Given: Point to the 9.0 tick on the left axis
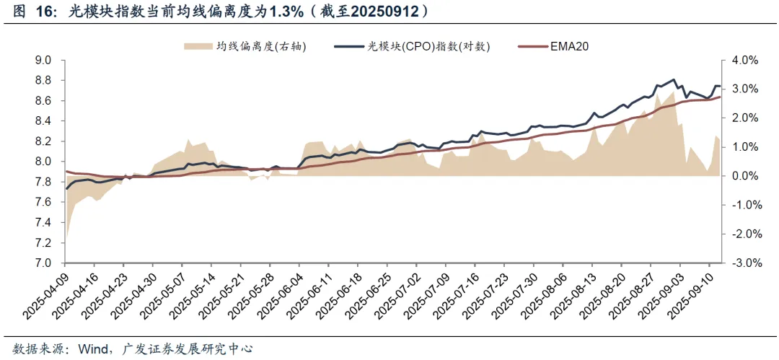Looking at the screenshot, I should [45, 61].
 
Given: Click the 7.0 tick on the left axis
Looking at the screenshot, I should [45, 263].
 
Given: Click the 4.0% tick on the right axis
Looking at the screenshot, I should [743, 61].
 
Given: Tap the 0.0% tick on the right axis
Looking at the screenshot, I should [743, 176].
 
